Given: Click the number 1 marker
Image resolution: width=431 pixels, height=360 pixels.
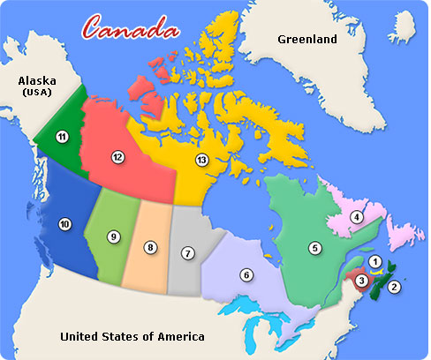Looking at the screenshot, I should tap(375, 260).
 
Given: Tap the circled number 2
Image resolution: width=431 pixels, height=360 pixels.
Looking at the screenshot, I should tap(395, 287).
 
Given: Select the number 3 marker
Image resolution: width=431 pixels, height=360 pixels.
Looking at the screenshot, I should tap(362, 281).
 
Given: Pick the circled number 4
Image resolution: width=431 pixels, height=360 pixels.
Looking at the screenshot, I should tap(357, 216).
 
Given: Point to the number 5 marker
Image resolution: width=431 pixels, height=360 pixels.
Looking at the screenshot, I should tap(314, 248).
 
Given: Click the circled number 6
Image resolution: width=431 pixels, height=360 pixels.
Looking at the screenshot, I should tap(246, 275).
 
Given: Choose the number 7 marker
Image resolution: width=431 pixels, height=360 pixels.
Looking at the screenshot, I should tap(187, 253).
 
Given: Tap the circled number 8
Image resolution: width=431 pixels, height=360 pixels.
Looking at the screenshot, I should tap(151, 248).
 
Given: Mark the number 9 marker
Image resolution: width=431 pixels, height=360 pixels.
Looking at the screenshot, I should tap(114, 236).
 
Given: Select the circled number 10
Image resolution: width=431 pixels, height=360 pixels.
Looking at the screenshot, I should tap(64, 224).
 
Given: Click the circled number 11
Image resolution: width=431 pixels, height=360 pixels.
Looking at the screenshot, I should tap(62, 136).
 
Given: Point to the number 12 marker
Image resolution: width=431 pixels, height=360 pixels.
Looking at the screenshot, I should tap(117, 156).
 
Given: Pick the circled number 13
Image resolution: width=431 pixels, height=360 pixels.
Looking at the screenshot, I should tap(202, 160).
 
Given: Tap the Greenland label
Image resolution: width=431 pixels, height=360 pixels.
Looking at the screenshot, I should tap(307, 40).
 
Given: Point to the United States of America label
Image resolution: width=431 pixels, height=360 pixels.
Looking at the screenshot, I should tap(132, 336).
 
